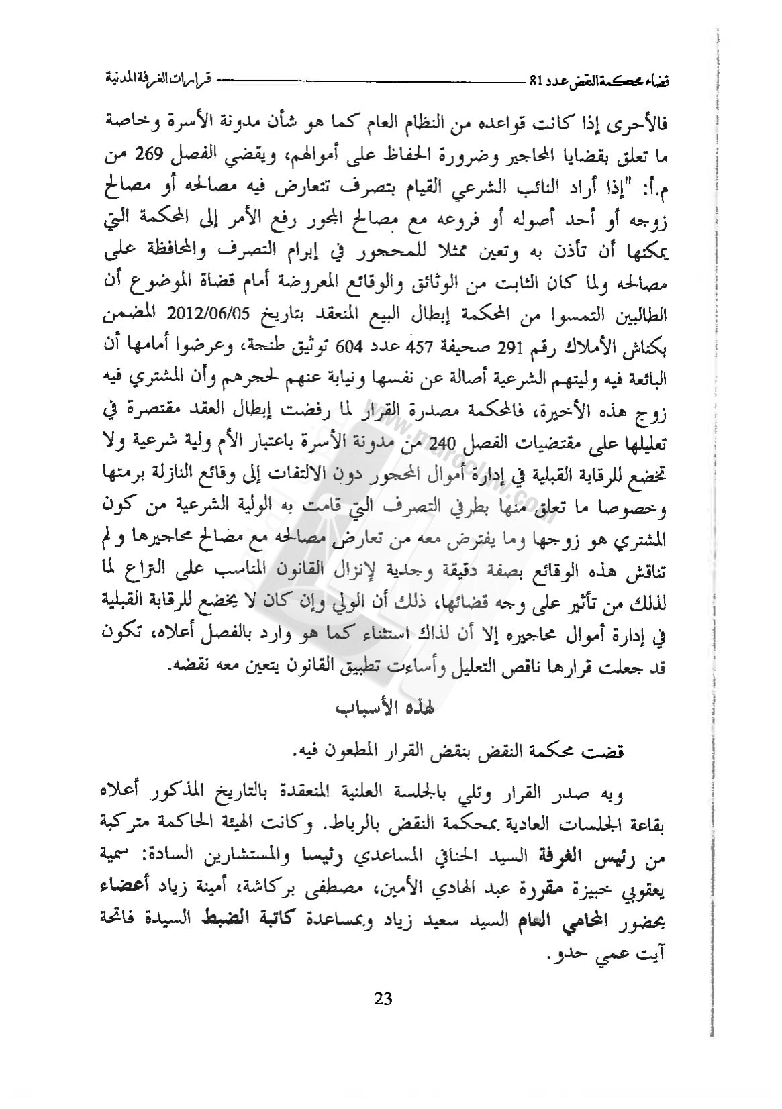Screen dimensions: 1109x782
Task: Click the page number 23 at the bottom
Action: [383, 998]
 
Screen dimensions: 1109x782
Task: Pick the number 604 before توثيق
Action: [350, 348]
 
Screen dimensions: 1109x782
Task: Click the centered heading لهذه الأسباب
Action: [385, 708]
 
